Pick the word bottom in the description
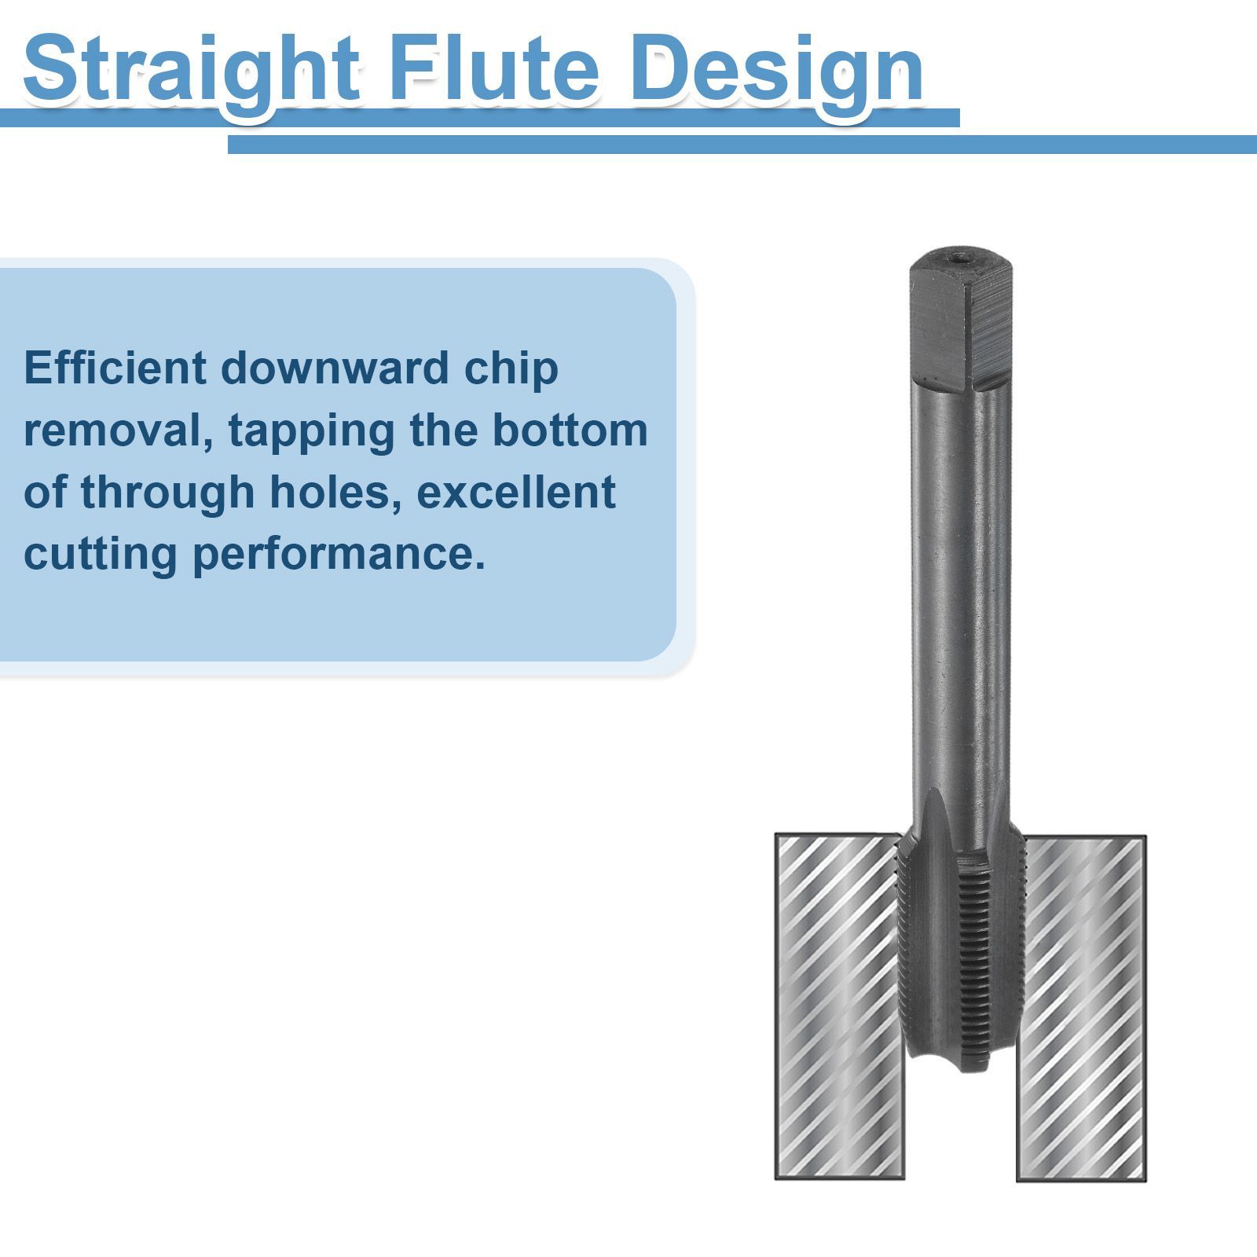tap(570, 430)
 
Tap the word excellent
tap(516, 492)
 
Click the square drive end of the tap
tap(960, 322)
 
